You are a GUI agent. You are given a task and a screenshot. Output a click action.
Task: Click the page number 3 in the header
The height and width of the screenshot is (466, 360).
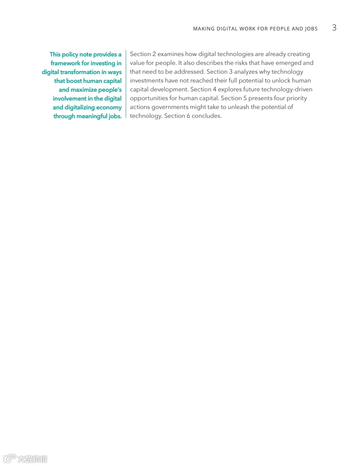click(334, 28)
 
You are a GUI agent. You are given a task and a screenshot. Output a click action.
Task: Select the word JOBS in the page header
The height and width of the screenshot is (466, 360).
click(311, 29)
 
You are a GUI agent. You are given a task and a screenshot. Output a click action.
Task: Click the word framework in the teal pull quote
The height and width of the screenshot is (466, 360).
click(65, 63)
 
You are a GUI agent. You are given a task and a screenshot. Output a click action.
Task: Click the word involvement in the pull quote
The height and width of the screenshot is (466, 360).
click(67, 98)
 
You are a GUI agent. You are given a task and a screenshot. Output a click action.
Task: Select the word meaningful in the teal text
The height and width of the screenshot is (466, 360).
click(92, 116)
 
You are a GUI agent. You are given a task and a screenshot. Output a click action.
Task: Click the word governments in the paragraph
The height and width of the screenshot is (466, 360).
click(169, 107)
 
